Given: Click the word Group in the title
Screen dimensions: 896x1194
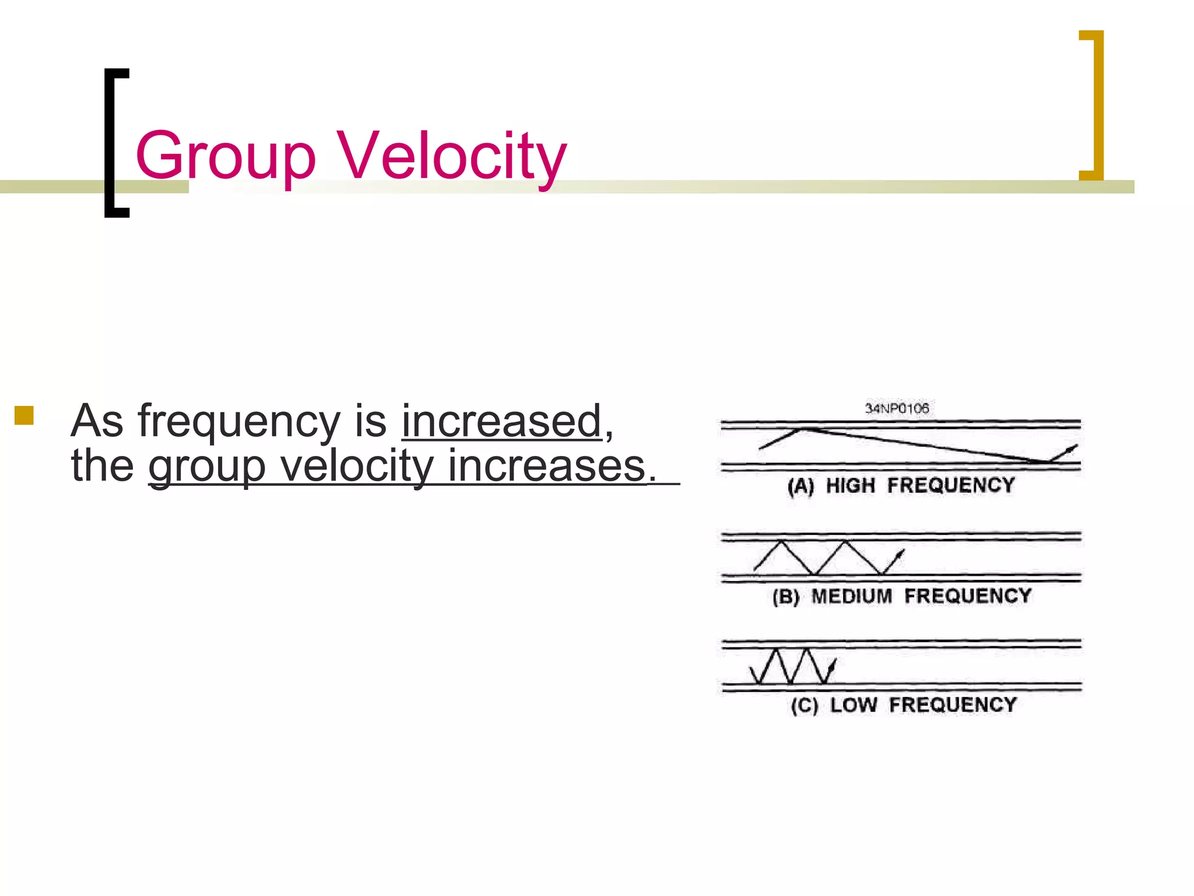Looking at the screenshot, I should [x=226, y=156].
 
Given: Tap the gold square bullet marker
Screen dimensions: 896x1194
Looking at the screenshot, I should [x=24, y=415].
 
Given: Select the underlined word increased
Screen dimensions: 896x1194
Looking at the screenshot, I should [x=501, y=421].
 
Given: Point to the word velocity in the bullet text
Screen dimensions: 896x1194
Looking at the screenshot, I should [x=357, y=467].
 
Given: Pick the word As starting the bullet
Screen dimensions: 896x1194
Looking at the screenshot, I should [x=97, y=421].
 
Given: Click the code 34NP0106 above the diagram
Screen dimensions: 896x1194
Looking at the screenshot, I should [x=897, y=408].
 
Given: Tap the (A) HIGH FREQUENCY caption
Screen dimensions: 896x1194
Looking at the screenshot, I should [x=901, y=485].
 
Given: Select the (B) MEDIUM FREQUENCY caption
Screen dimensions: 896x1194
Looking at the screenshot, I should [x=901, y=596].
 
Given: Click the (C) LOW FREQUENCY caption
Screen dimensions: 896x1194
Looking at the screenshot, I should [x=903, y=705].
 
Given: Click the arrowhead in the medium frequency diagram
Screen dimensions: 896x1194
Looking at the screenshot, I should [x=901, y=553].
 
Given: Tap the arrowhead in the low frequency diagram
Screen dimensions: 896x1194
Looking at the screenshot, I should [x=833, y=664].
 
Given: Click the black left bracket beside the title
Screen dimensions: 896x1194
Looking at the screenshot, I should [x=115, y=143].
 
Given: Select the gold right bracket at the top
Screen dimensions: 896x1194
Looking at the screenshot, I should [x=1093, y=105].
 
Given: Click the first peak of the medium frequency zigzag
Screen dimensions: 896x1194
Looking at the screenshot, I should [x=781, y=542].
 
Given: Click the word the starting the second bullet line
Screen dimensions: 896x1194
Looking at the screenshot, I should [x=102, y=467].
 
